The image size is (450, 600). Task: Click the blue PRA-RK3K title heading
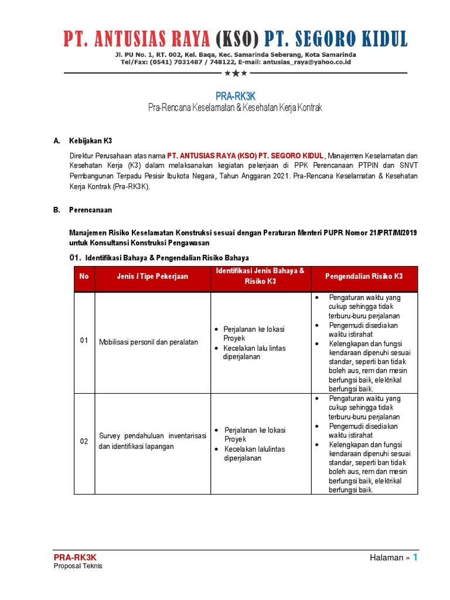point(234,96)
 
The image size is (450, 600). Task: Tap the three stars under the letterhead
point(236,73)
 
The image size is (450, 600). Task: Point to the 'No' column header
point(84,277)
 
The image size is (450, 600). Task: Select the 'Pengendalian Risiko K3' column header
point(364,277)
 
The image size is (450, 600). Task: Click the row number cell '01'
point(84,341)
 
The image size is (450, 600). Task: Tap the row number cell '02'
point(84,442)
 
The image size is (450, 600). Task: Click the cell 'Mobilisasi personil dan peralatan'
point(149,342)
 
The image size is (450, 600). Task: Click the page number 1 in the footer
point(415,557)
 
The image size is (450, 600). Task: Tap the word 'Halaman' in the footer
point(387,558)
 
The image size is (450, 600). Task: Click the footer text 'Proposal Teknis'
point(78,566)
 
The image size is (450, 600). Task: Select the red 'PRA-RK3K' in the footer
point(75,557)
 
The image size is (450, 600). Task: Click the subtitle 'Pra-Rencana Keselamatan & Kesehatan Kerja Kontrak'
point(234,108)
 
